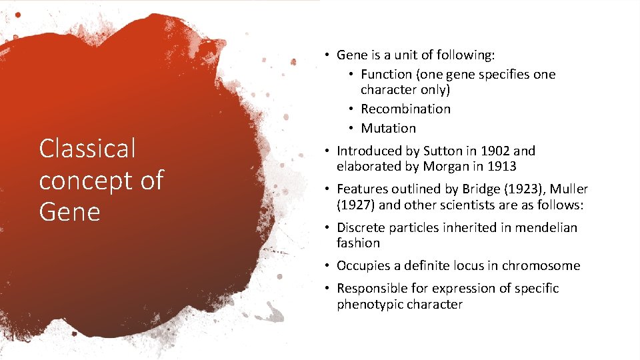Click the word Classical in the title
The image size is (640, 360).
pos(87,149)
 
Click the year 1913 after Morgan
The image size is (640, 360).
pos(501,167)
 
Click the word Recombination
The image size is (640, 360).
pos(405,109)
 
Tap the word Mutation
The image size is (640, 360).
pos(388,128)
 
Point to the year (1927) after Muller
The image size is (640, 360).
pos(355,205)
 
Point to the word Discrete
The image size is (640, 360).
pos(361,227)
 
